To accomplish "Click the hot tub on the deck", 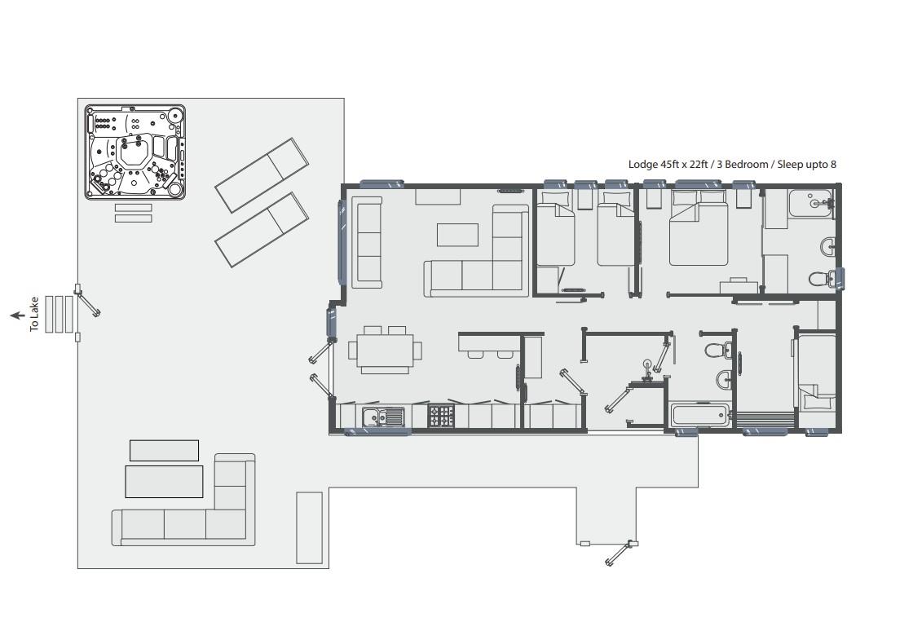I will click(135, 152).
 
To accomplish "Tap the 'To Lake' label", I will click(34, 314).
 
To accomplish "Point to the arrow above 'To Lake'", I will click(16, 315).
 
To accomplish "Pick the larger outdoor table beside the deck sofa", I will click(164, 481).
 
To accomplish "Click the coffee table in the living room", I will click(457, 235).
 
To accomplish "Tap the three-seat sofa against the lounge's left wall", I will click(368, 241).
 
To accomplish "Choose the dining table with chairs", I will click(385, 351).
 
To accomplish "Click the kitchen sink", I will click(383, 417).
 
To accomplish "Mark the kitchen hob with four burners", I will click(441, 417).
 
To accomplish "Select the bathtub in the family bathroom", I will click(699, 415).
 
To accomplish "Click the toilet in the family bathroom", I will click(717, 351).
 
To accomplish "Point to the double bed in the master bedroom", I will click(698, 232).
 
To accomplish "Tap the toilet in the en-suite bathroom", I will click(821, 279).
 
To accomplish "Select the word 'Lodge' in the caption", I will click(643, 164).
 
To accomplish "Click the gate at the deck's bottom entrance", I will click(620, 553).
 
